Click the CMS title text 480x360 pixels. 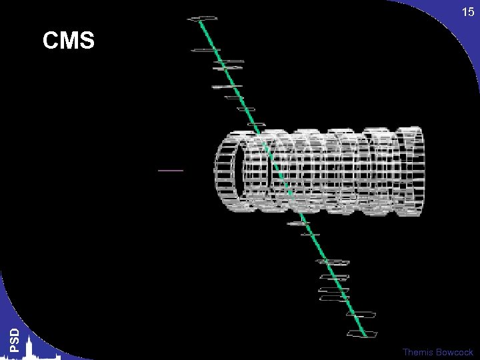(69, 40)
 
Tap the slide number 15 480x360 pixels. (468, 12)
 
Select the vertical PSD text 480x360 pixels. (15, 340)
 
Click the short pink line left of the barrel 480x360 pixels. (171, 171)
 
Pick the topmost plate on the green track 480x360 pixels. (203, 19)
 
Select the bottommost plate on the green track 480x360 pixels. (362, 334)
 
